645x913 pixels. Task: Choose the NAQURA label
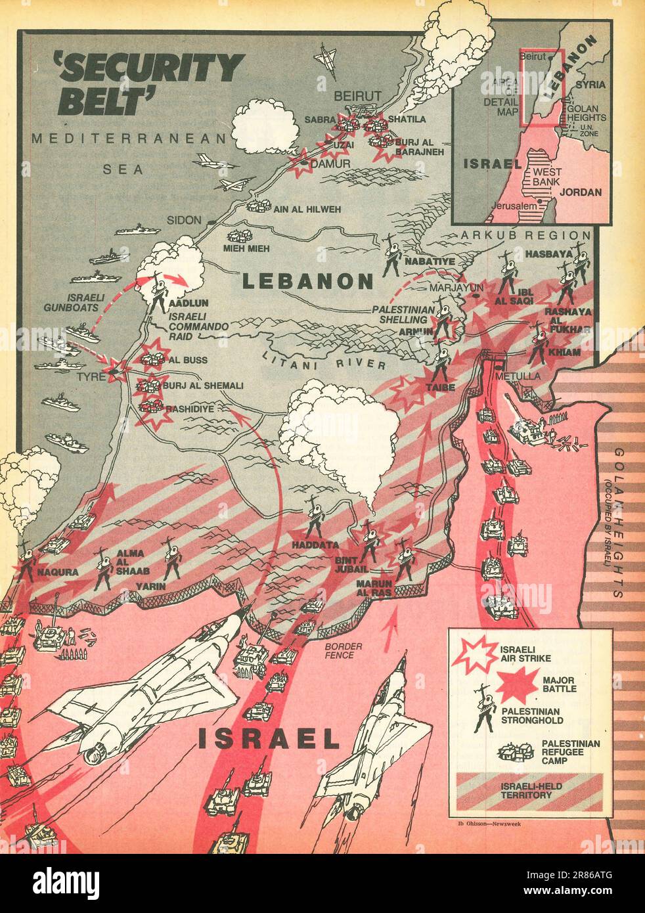57,572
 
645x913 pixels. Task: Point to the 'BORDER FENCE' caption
339,650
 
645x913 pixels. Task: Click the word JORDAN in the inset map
581,192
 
